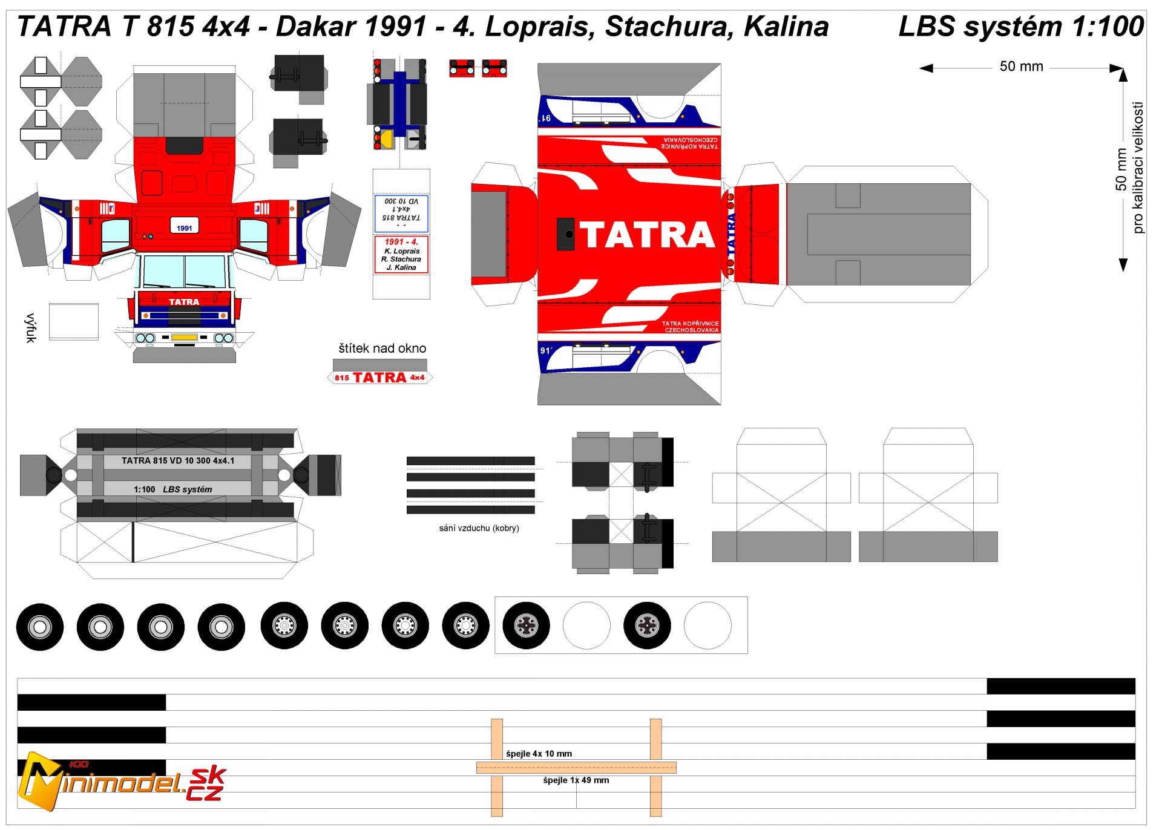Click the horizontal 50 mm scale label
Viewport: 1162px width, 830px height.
coord(1021,67)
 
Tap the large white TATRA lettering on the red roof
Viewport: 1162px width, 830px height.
coord(647,235)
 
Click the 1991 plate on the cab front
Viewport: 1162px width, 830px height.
coord(185,227)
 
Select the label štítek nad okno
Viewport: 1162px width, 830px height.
coord(382,348)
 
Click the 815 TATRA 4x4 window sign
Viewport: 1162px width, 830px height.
coord(380,377)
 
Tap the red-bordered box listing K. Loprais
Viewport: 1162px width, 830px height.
coord(401,255)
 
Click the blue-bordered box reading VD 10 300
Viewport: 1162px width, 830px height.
coord(401,213)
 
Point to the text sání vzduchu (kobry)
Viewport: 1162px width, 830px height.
coord(479,528)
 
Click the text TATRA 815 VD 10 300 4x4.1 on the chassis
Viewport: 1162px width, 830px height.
coord(178,461)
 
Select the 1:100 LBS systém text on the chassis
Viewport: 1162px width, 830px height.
coord(173,489)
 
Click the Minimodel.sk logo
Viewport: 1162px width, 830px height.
coord(121,783)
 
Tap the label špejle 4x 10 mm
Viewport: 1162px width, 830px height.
coord(539,754)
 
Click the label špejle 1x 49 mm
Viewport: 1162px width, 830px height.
coord(576,780)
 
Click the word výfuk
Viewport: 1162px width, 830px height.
coord(31,328)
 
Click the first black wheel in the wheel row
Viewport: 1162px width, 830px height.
coord(40,627)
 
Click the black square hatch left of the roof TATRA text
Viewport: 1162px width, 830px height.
coord(565,234)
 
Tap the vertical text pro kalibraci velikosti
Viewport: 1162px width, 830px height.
coord(1138,168)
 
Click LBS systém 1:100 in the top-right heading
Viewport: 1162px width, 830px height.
coord(1020,27)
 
